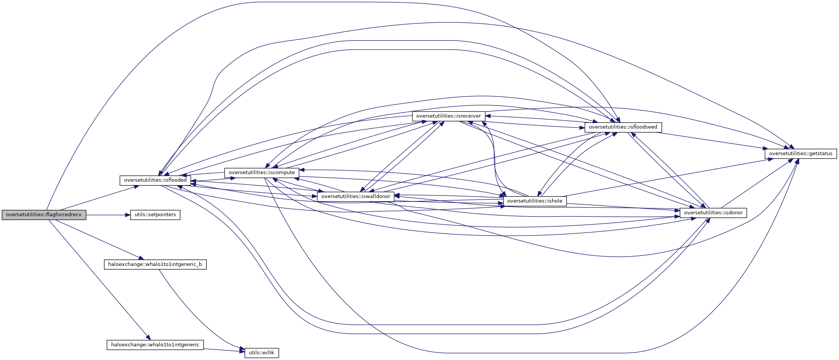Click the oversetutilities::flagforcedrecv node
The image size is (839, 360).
(x=44, y=215)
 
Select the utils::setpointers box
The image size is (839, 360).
(x=155, y=215)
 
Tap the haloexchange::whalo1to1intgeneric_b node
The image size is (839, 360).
(x=155, y=264)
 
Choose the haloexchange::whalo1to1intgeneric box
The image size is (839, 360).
(x=155, y=345)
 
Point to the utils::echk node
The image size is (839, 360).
(x=261, y=353)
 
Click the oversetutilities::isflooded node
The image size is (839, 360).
(x=155, y=180)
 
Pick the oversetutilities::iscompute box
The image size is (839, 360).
(x=261, y=173)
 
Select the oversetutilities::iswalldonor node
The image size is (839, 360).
(x=356, y=197)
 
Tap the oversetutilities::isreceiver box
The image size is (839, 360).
(x=448, y=116)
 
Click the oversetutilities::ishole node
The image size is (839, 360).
(x=535, y=201)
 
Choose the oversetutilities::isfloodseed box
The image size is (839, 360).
(x=623, y=127)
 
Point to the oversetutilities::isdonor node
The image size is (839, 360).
(x=713, y=213)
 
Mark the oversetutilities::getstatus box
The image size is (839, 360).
(x=800, y=154)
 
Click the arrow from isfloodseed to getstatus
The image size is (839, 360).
(x=713, y=140)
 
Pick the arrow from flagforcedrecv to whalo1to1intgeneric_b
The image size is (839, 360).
(x=99, y=239)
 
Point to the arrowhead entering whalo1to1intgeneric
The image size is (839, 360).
(x=148, y=337)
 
